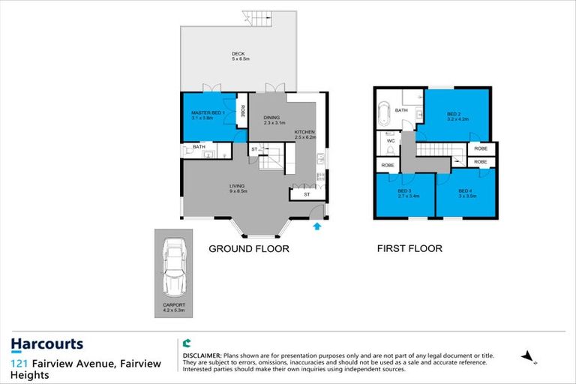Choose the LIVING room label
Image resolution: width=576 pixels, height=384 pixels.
point(238,187)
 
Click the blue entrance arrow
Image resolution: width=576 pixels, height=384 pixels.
point(317,223)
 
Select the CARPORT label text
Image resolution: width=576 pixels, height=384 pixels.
point(174,305)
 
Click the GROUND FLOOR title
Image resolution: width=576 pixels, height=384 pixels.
point(248,248)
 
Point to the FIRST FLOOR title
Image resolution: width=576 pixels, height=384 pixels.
point(410,248)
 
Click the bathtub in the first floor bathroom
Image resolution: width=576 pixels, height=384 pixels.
point(384,114)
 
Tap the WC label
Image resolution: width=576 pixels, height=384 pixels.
point(390,140)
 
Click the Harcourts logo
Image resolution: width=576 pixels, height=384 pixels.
point(46,345)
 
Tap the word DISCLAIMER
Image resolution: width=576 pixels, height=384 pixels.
point(202,352)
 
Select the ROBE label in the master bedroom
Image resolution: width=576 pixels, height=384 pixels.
point(243,110)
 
